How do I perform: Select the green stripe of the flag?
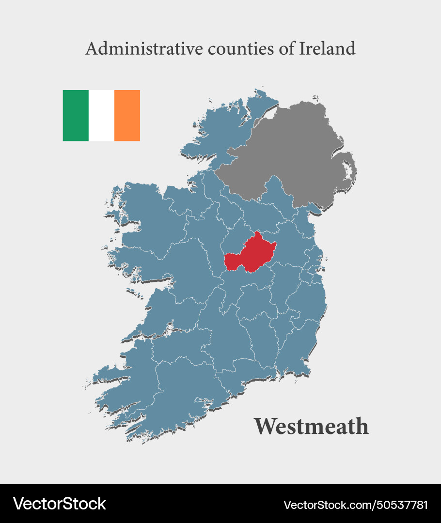[x=76, y=115]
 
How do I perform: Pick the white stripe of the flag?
[x=101, y=115]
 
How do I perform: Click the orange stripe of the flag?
[x=127, y=115]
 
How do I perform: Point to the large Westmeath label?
[x=311, y=426]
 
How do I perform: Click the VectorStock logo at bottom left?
[x=59, y=504]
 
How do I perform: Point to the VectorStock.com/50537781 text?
[x=355, y=505]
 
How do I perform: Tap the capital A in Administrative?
[x=91, y=48]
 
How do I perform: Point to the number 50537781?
[x=402, y=505]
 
